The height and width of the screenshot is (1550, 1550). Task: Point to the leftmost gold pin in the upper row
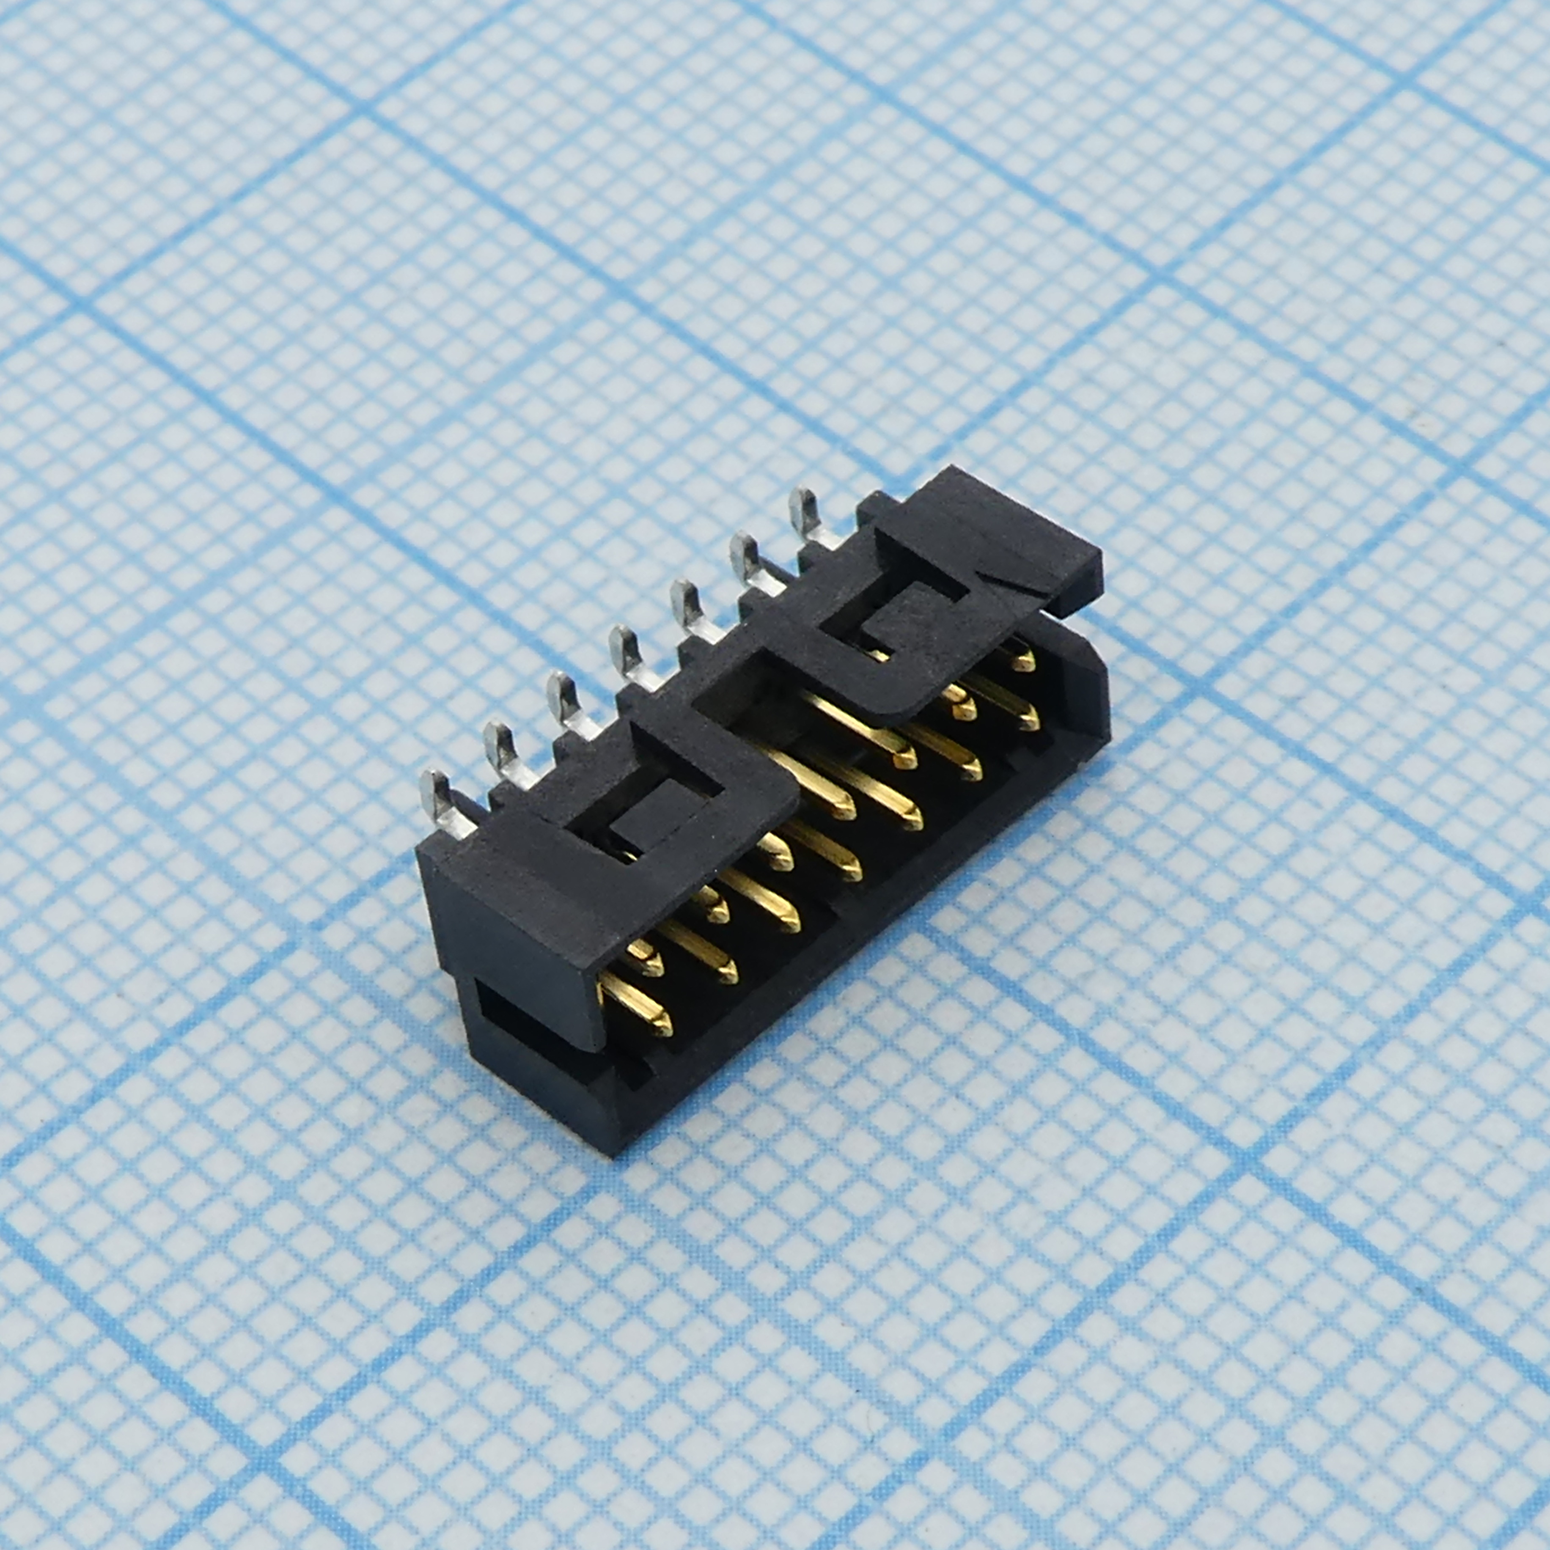click(x=646, y=959)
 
